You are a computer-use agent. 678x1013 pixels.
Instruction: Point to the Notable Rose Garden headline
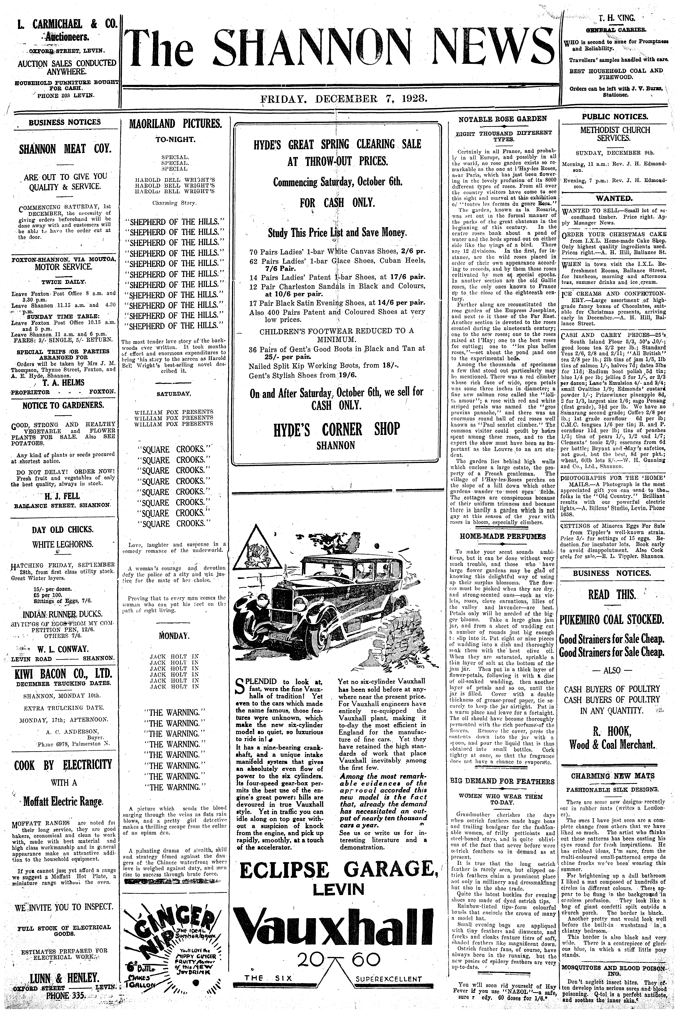tap(502, 119)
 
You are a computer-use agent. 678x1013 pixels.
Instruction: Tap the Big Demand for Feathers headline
tap(502, 781)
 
